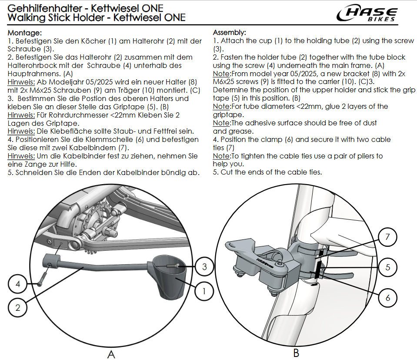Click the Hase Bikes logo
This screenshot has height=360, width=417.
pos(368,14)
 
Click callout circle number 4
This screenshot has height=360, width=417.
pos(18,285)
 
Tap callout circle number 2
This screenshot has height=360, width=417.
pos(18,307)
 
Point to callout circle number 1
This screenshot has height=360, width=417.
pos(204,290)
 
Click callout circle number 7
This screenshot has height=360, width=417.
pos(388,238)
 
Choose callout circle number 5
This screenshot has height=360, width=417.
pos(388,267)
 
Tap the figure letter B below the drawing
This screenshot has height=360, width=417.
pos(296,353)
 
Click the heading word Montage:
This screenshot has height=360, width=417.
pos(25,33)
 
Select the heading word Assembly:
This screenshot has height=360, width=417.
pos(230,33)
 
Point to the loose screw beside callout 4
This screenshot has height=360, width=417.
pos(42,277)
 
